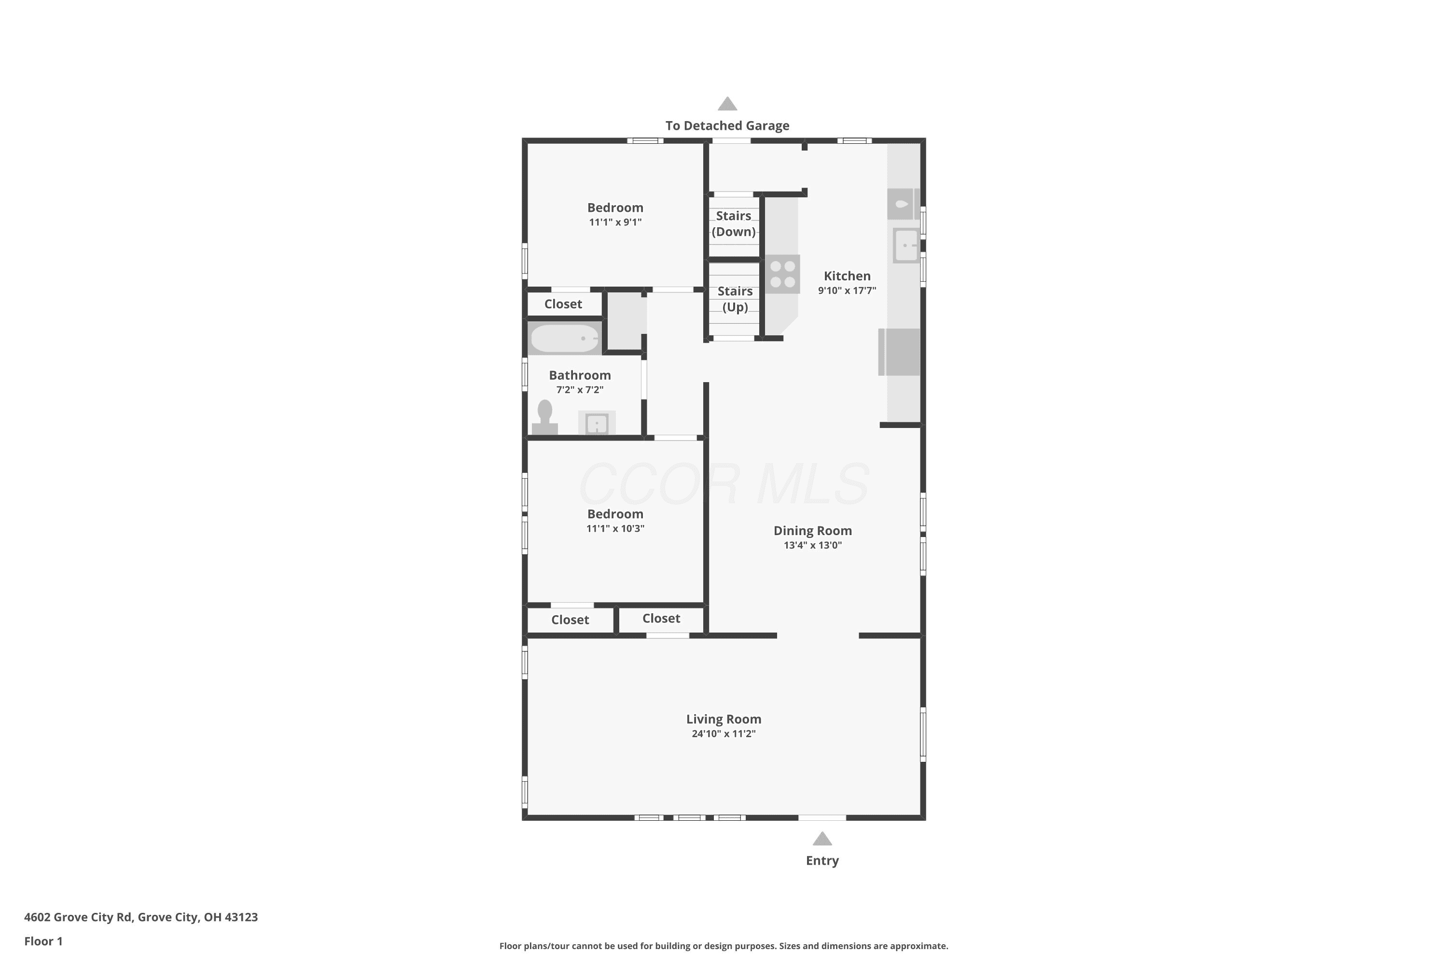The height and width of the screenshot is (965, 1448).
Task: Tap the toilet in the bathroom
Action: tap(545, 417)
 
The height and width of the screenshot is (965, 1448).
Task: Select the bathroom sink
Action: tap(597, 423)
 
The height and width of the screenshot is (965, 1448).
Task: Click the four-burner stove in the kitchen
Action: tap(782, 274)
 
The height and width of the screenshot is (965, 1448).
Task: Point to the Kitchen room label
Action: tap(847, 276)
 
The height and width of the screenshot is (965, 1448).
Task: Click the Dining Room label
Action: tap(813, 530)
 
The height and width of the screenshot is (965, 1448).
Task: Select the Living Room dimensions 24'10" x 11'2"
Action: tap(724, 733)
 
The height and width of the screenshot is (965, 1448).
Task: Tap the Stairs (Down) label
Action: tap(733, 223)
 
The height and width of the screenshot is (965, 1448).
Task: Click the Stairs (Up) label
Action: tap(735, 299)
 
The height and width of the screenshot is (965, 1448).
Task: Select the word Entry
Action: tap(822, 860)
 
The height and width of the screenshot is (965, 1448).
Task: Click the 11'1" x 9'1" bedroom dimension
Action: tap(615, 222)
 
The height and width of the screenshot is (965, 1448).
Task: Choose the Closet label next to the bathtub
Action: tap(563, 304)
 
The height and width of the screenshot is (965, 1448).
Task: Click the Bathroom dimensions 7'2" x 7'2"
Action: tap(580, 389)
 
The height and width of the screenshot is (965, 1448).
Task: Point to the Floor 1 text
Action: tap(43, 941)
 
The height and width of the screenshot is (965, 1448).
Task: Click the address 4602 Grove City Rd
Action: tap(78, 917)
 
